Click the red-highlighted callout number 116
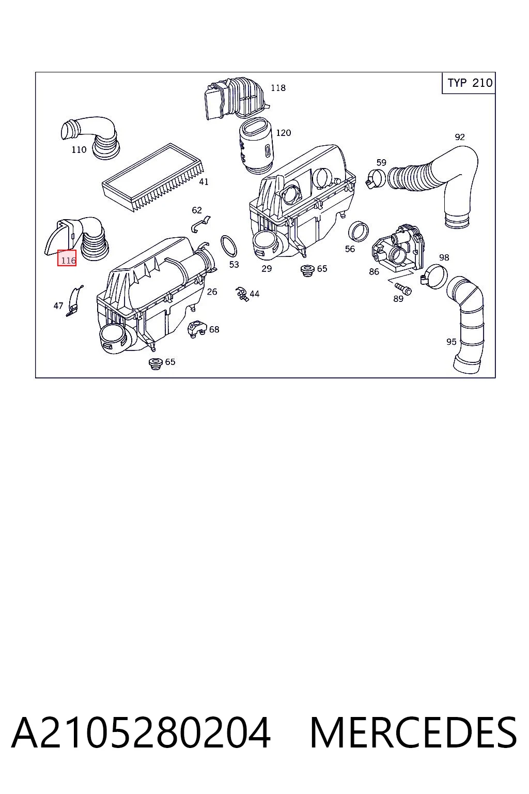67,258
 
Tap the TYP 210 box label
470,83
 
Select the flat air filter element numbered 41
153,177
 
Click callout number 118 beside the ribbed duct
278,87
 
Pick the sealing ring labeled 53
229,246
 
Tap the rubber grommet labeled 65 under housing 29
307,270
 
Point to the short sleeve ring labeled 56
359,231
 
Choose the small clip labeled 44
242,294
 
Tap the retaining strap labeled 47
74,301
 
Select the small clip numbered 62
200,224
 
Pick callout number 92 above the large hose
460,137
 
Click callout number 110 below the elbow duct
79,149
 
